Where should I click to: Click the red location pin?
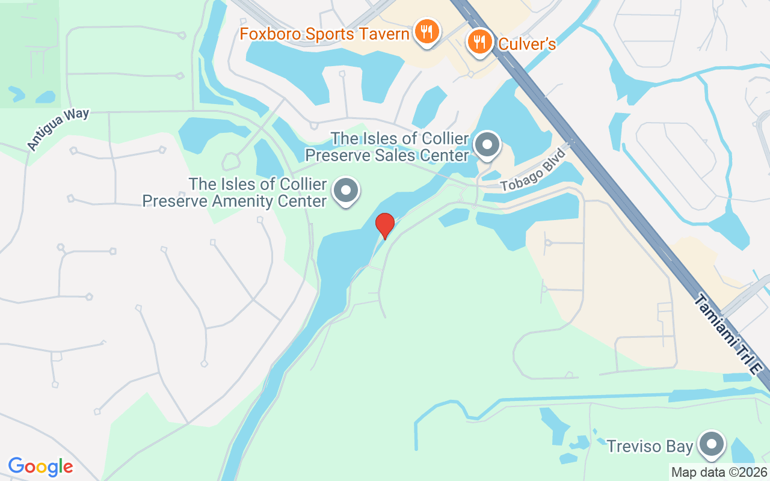384,225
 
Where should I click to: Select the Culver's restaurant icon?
479,41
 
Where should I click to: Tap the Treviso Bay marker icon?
712,444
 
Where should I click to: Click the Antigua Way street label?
58,129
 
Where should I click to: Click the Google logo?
41,467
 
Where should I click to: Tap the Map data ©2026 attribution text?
719,473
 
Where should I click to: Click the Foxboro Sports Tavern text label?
325,34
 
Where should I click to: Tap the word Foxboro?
269,34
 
